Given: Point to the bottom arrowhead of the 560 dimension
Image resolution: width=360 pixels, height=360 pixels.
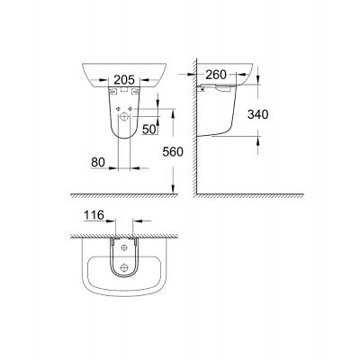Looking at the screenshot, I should click(173, 186).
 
